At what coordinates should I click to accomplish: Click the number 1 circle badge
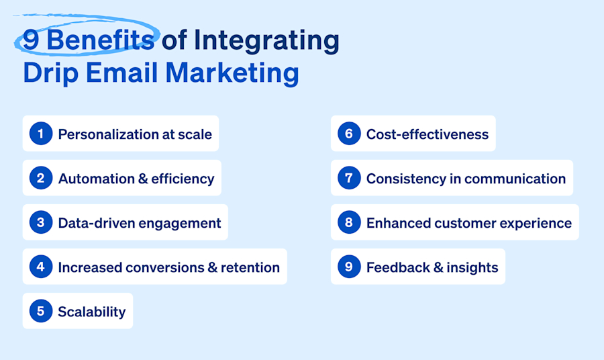tap(40, 134)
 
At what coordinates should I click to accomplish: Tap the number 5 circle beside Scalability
tap(40, 311)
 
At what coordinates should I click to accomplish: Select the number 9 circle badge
tap(349, 267)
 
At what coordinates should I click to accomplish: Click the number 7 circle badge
tap(349, 178)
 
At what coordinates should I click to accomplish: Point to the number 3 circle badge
tap(40, 222)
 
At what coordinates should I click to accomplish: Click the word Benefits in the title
tap(100, 41)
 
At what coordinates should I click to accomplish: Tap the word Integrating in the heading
tap(266, 41)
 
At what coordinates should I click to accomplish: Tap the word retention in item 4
tap(250, 267)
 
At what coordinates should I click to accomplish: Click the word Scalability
tap(91, 312)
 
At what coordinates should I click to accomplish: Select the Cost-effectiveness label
tap(427, 134)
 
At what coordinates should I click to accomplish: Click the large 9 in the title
tap(30, 41)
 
